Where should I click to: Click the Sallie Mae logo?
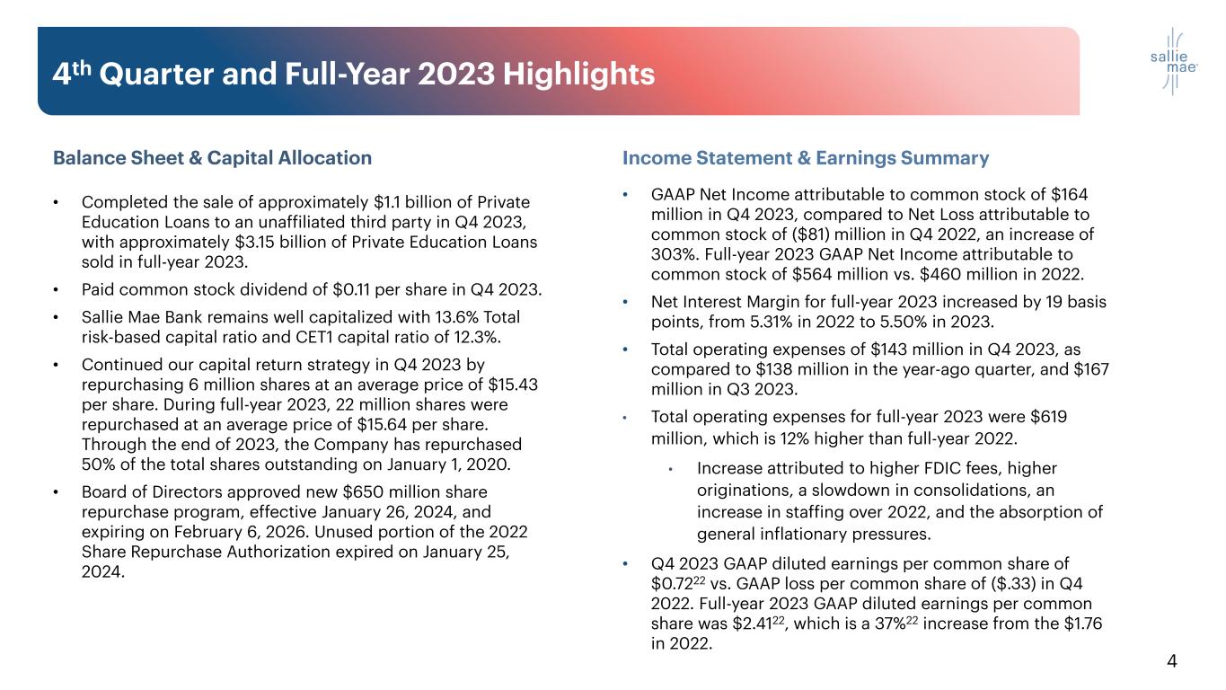1167,61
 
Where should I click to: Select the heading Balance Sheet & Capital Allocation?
212,158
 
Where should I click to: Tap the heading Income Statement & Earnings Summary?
806,158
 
